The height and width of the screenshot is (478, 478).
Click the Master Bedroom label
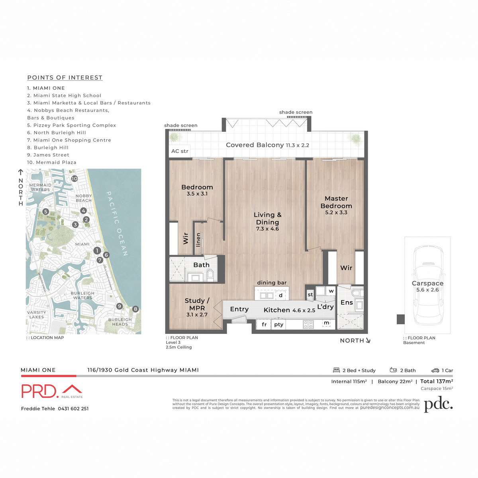click(x=336, y=202)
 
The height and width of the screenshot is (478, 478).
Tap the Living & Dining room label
click(x=267, y=219)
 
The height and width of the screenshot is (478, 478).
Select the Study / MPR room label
click(x=197, y=304)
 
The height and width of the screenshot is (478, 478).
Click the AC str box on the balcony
click(x=180, y=151)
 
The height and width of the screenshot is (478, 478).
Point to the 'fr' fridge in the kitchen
click(x=264, y=325)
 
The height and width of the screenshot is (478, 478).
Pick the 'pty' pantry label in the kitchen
click(x=279, y=325)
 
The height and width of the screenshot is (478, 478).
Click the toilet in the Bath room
click(x=210, y=274)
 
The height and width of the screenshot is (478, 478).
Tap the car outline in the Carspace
click(x=428, y=285)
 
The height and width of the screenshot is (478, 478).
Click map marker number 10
click(x=74, y=179)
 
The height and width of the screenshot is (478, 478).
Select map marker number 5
click(x=46, y=212)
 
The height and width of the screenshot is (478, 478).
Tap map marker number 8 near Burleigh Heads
click(x=135, y=309)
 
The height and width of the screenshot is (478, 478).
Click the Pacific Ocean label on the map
click(x=117, y=223)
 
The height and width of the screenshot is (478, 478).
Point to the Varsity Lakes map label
click(x=37, y=315)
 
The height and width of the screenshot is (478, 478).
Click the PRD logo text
click(x=40, y=391)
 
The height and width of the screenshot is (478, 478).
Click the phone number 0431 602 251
click(x=73, y=409)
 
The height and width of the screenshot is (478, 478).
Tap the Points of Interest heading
click(x=65, y=78)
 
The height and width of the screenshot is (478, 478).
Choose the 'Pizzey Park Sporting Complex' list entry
click(x=72, y=125)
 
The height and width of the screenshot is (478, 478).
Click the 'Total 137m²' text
click(x=437, y=381)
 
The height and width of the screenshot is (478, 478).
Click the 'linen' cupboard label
click(x=198, y=240)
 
